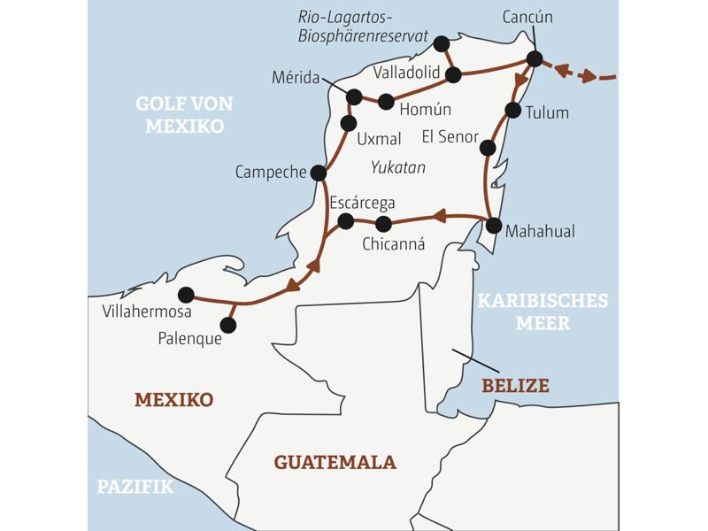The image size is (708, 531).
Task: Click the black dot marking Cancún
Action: (x=535, y=58)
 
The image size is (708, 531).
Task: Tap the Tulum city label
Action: (x=547, y=113)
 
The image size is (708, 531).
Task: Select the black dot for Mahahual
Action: (x=494, y=225)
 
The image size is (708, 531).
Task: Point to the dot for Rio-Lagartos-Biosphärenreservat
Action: (x=442, y=43)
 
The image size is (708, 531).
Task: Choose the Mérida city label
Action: (x=296, y=78)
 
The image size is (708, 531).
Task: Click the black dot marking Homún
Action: (x=386, y=102)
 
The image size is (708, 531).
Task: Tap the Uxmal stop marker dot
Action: (x=349, y=123)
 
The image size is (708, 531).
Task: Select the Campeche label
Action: (x=270, y=172)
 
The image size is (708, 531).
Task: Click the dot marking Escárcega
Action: (x=346, y=220)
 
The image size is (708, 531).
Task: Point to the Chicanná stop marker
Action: (x=383, y=224)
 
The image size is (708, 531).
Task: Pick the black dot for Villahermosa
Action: (x=186, y=295)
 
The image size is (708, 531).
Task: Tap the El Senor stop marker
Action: (x=487, y=148)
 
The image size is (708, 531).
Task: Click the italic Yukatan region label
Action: (x=398, y=166)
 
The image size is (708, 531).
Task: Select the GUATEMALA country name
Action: (x=335, y=462)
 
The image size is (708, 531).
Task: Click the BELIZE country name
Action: (x=515, y=386)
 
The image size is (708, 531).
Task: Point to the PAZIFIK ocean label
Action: (x=135, y=487)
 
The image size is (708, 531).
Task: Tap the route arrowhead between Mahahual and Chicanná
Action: (x=440, y=215)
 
